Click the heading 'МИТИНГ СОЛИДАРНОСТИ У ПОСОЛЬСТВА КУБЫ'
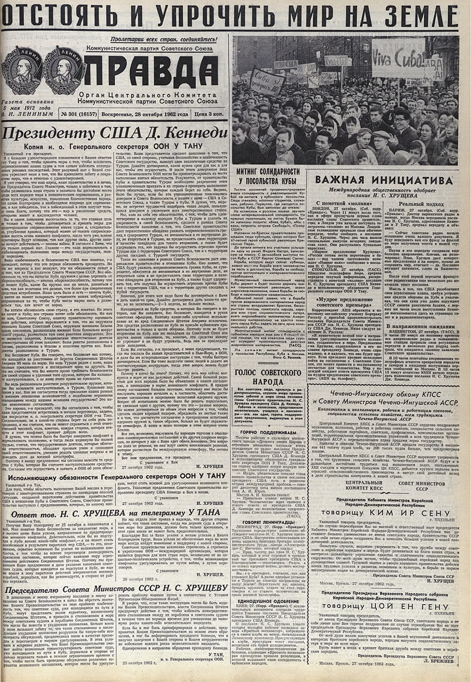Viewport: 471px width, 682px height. click(268, 175)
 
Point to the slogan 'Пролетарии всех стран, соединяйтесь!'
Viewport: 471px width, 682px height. click(164, 39)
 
